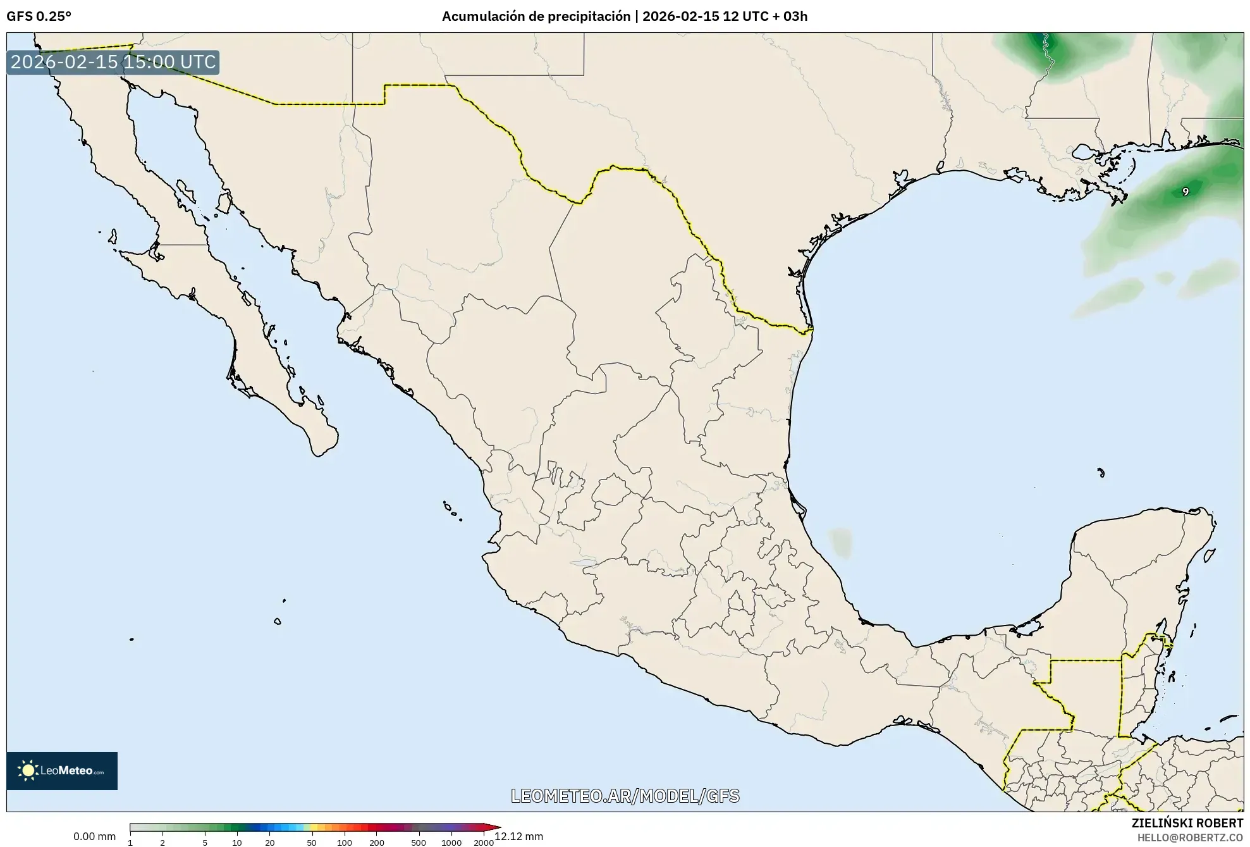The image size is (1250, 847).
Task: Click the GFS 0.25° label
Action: tap(39, 16)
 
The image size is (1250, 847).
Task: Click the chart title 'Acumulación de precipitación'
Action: tap(536, 16)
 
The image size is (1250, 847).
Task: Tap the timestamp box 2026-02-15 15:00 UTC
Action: tap(113, 62)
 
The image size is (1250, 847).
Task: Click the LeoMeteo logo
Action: tap(62, 770)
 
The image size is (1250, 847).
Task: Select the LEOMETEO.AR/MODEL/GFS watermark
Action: tap(625, 796)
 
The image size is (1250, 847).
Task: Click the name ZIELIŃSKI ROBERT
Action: tap(1187, 823)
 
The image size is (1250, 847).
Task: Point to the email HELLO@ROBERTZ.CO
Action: tap(1190, 838)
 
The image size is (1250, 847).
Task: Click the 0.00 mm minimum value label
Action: tap(94, 836)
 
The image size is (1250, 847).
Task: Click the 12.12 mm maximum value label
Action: tap(519, 836)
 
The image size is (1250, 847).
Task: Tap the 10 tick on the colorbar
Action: tap(237, 842)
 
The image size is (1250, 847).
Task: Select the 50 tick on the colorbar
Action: tap(311, 842)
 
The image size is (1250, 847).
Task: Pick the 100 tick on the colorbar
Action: tap(345, 842)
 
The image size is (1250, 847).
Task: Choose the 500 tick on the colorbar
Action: tap(418, 842)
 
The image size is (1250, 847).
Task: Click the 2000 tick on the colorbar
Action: tap(484, 842)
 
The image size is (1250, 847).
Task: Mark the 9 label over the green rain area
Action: tap(1186, 192)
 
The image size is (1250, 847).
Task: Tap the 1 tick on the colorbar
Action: tap(130, 842)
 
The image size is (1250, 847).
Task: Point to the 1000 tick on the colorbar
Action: tap(451, 842)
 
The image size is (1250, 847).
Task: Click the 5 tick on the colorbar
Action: tap(205, 842)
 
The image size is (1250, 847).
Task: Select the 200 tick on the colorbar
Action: tap(377, 842)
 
